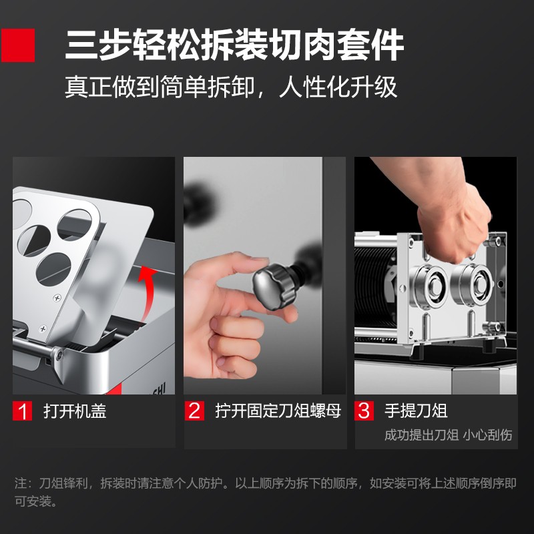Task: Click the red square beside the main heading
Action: (x=18, y=45)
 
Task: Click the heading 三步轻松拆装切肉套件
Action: (x=235, y=45)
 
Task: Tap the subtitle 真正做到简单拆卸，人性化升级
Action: (x=231, y=87)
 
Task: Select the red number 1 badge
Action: (x=23, y=411)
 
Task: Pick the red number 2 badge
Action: (x=194, y=411)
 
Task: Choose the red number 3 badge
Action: (x=364, y=411)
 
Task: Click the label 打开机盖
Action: (x=75, y=411)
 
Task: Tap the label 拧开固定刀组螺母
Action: (x=278, y=411)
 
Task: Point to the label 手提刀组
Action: (x=416, y=411)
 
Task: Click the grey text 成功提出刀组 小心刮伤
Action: (x=448, y=435)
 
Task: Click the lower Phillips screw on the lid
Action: (x=43, y=328)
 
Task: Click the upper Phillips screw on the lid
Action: (x=57, y=298)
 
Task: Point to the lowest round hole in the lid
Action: (x=53, y=269)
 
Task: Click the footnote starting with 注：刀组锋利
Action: (x=266, y=492)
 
